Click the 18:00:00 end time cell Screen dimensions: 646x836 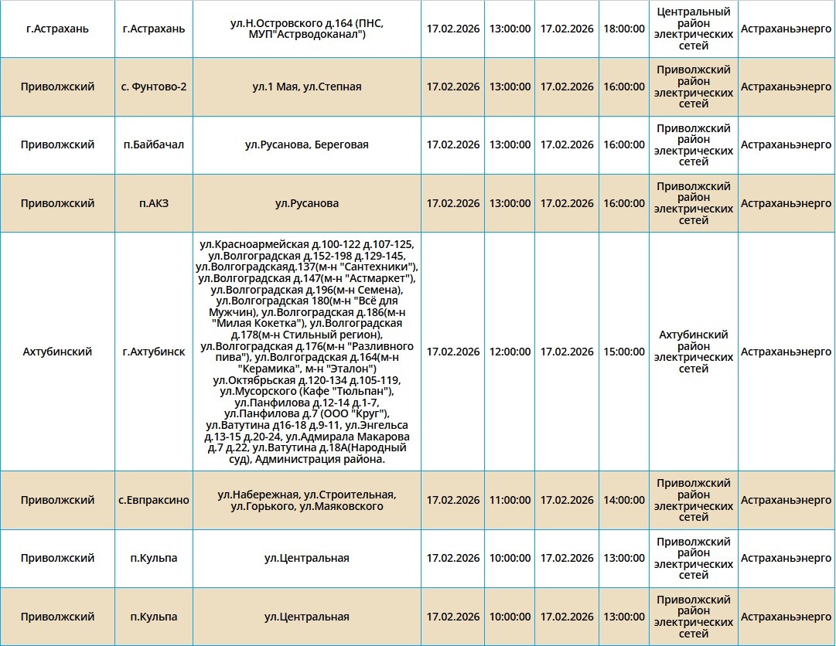coord(623,29)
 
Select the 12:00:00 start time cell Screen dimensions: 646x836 coord(510,352)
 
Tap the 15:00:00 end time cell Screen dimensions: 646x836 coord(623,352)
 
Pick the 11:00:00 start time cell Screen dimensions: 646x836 coord(510,500)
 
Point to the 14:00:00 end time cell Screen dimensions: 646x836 coord(623,500)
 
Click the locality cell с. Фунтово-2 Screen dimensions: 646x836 coord(154,87)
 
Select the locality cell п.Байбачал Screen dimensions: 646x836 coord(154,144)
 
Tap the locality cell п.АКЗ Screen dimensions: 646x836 coord(154,203)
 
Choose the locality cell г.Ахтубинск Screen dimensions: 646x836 coord(154,352)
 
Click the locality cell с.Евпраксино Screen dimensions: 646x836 coord(154,500)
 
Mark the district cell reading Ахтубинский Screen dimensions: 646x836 coord(57,352)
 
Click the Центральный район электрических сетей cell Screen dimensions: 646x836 coord(693,29)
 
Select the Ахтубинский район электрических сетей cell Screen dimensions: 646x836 coord(693,352)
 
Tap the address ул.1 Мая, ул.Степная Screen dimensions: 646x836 coord(306,87)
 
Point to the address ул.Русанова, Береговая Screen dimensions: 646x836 coord(306,144)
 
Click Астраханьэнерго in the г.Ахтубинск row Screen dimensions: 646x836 coord(786,352)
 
